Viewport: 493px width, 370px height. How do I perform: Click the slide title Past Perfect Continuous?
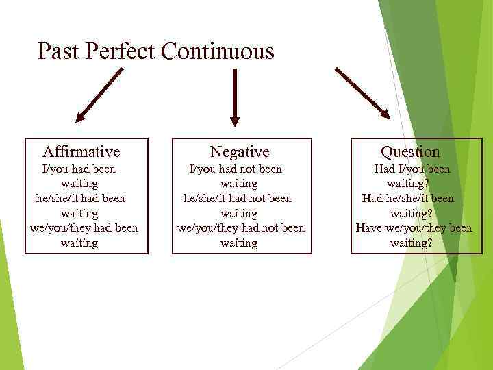point(156,51)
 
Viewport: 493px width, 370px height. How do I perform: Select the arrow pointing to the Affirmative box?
point(99,95)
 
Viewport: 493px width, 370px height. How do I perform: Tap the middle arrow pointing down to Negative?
point(235,97)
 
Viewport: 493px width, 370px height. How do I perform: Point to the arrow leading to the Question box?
point(362,92)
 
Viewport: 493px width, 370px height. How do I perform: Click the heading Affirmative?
point(81,151)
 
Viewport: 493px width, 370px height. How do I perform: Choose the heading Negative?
point(240,151)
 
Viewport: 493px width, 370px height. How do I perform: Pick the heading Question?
point(410,151)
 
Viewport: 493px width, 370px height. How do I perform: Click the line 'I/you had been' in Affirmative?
point(79,169)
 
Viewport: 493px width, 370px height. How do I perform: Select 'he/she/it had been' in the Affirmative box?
point(81,198)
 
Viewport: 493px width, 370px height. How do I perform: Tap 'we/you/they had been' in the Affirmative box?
point(84,227)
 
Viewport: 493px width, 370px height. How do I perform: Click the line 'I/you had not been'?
point(236,169)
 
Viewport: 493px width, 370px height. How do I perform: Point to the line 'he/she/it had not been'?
point(238,198)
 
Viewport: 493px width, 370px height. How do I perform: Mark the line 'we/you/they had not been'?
point(241,227)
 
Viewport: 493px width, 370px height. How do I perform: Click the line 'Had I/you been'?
point(412,169)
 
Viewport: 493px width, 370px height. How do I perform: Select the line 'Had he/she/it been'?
point(408,198)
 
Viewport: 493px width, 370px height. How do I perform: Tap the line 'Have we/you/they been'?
point(414,227)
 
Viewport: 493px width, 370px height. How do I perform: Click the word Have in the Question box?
point(369,227)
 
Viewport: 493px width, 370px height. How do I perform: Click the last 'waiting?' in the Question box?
point(411,243)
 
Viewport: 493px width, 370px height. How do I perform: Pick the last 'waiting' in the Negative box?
point(239,243)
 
